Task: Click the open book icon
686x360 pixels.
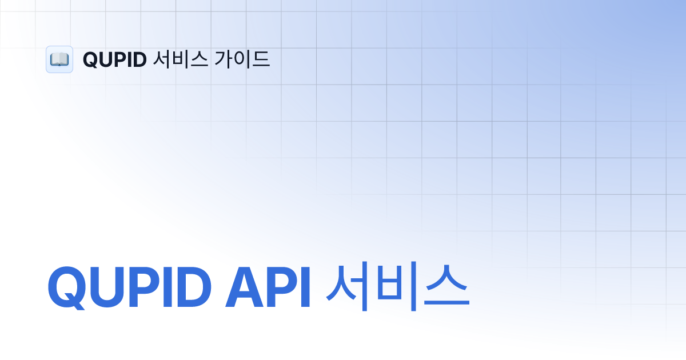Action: point(59,59)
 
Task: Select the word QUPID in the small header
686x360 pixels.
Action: point(115,59)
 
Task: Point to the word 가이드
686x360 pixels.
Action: point(242,59)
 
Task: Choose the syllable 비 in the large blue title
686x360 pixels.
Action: point(397,286)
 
